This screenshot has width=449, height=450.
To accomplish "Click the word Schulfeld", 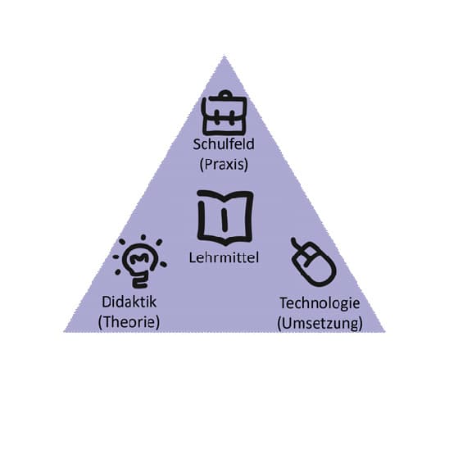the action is (224, 144).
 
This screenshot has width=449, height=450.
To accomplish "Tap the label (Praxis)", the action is (224, 165).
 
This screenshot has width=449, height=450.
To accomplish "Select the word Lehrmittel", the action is (224, 257).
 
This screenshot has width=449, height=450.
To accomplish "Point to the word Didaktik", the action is (129, 302).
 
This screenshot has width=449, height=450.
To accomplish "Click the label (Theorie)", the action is (129, 322).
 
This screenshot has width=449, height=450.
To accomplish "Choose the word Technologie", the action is (320, 304).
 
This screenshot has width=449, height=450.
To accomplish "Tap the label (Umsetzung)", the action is (320, 324).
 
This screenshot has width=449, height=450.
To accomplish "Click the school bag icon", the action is (224, 113).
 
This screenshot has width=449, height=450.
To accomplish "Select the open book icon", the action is (225, 217).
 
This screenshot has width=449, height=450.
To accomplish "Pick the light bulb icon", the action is (140, 261).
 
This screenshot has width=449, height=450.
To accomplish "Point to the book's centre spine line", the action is (224, 220).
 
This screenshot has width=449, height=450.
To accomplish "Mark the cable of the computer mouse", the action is (297, 244).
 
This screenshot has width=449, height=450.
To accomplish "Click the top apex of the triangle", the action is (224, 56).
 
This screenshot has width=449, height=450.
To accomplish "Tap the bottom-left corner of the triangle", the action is (64, 332).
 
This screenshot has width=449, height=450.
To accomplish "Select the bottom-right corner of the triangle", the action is (385, 332).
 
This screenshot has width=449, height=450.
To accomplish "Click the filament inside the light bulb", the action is (139, 258).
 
